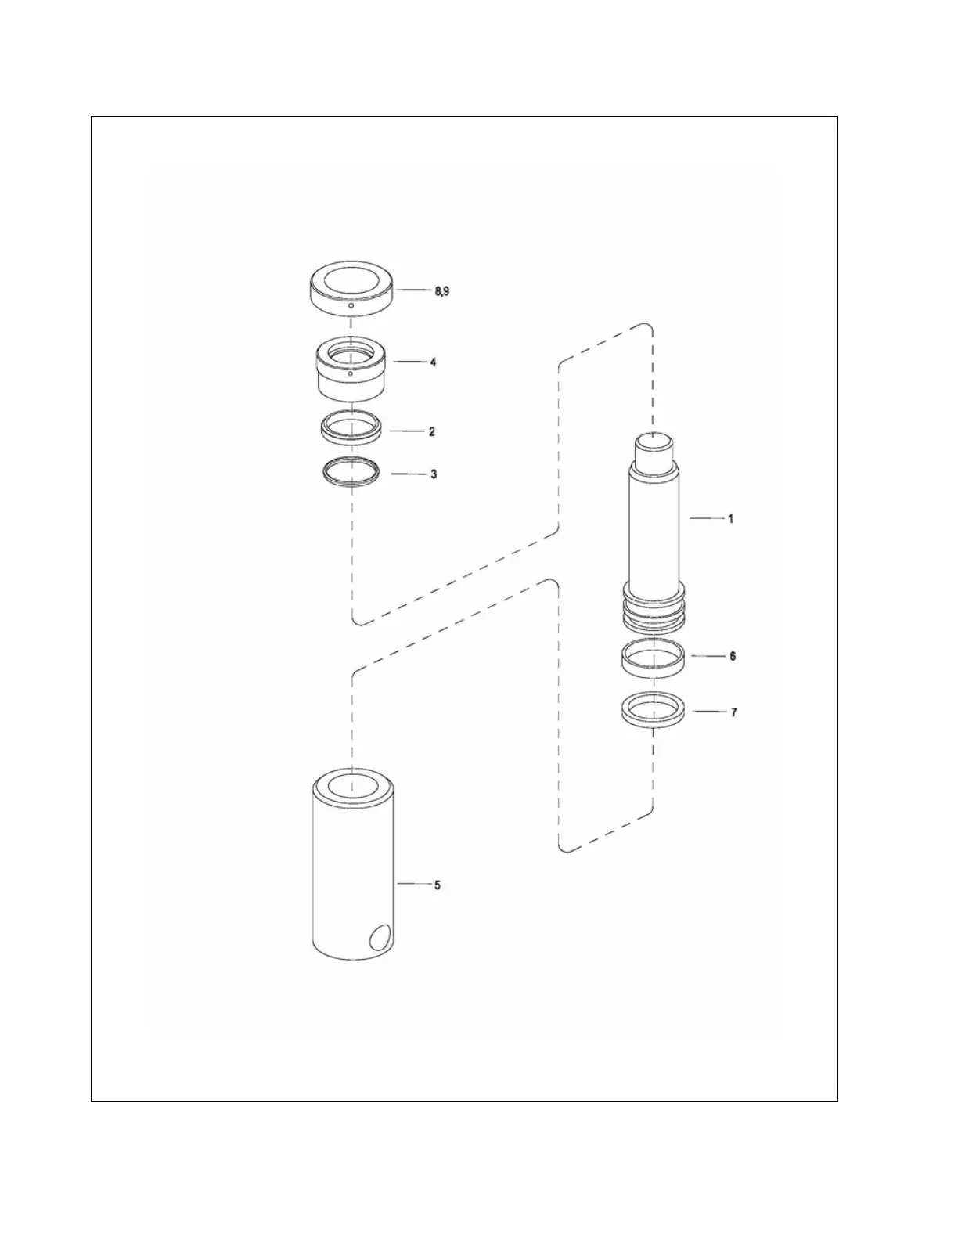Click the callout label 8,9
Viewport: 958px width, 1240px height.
(441, 291)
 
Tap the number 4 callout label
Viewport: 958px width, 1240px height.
(433, 362)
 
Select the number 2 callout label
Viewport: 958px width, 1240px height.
(431, 432)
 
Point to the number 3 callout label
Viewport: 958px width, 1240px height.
(434, 474)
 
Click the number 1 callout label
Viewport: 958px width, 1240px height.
(731, 519)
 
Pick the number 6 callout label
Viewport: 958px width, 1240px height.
(733, 656)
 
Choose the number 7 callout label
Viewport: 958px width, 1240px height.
(733, 712)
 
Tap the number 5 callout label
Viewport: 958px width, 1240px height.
(438, 885)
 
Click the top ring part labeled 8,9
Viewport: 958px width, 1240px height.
(351, 288)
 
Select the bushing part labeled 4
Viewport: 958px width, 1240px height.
(351, 372)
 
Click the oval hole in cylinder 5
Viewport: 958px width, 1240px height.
(381, 938)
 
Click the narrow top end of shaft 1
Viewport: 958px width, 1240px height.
(653, 449)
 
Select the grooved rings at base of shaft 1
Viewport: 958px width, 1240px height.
(654, 611)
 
